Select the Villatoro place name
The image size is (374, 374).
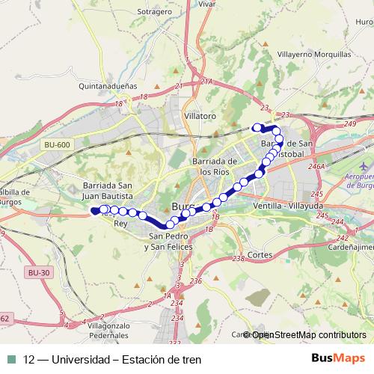200,117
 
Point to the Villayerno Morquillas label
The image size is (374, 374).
313,55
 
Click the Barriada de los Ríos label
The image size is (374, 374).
215,166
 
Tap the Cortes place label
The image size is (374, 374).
260,254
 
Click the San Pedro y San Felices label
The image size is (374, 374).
171,242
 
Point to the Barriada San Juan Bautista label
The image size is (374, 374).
108,191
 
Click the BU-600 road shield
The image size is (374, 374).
57,144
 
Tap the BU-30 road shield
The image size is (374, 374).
37,273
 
